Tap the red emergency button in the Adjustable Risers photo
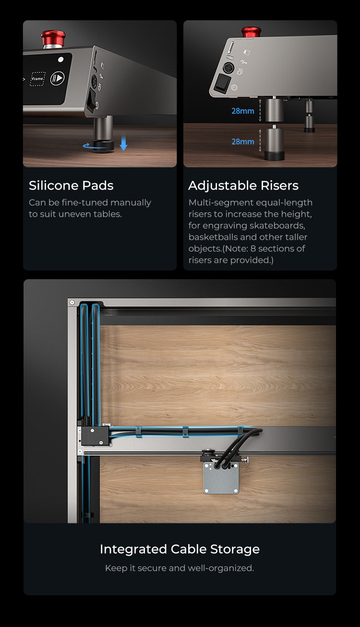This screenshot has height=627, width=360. click(x=252, y=32)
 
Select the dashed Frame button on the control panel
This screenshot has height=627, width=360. click(x=37, y=79)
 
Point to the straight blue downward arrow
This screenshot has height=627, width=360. click(x=123, y=142)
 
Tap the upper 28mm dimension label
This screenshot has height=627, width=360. click(x=242, y=111)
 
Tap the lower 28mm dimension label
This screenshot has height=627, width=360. click(x=242, y=142)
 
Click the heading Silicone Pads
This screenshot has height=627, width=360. click(x=71, y=186)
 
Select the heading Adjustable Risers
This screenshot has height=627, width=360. click(x=243, y=186)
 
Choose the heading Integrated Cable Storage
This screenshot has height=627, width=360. click(x=180, y=549)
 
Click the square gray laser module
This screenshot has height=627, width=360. click(x=221, y=477)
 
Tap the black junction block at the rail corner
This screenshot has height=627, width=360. click(x=95, y=436)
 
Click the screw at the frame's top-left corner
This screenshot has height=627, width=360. click(x=72, y=303)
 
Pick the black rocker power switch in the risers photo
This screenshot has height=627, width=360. click(x=222, y=83)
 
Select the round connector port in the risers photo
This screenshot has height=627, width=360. click(x=228, y=68)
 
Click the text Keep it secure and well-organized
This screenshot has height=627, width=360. click(x=180, y=568)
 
